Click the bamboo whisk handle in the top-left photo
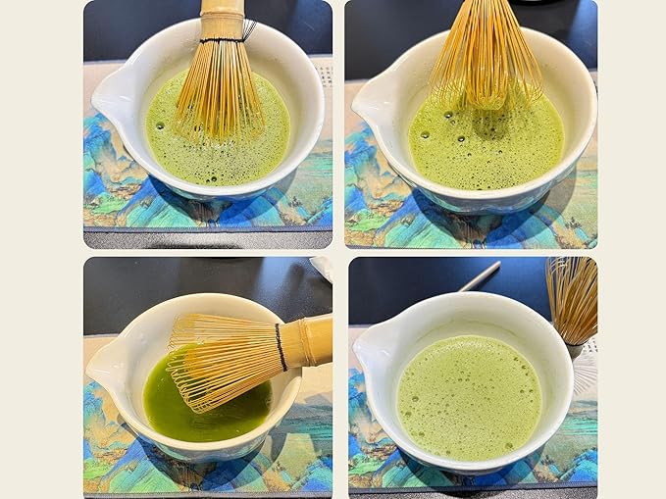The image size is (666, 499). (222, 18)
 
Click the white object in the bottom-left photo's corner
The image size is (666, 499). (323, 267)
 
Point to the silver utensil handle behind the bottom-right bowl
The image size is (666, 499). (480, 275)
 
